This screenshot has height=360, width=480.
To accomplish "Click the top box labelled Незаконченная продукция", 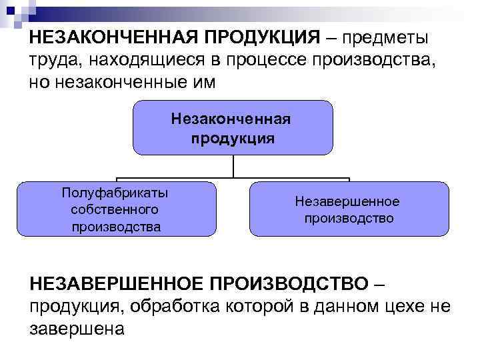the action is tap(233, 128).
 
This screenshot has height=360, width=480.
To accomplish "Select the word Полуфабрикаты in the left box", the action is tap(115, 194).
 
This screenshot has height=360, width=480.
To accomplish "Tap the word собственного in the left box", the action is tap(115, 210).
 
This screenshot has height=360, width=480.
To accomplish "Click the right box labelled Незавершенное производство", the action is tap(349, 209).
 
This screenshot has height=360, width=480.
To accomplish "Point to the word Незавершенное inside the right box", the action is tap(349, 201).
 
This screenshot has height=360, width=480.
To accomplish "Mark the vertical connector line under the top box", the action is tap(233, 167).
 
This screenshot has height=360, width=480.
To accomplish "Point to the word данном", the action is tap(327, 306).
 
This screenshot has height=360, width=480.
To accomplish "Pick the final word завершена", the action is tap(77, 329).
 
